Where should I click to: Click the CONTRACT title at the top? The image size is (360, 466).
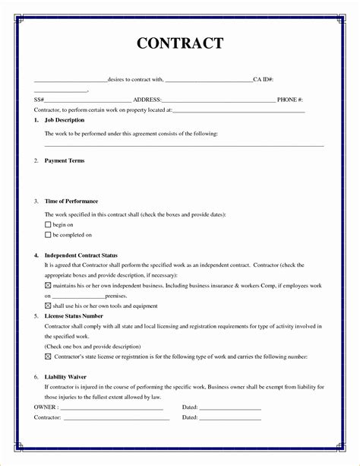coord(180,43)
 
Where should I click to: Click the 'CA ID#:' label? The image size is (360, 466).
coord(264,79)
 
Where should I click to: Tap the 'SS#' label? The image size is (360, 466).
coord(39,100)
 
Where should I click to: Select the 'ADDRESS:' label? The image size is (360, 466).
coord(147,100)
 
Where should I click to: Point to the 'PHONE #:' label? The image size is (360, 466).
coord(290,100)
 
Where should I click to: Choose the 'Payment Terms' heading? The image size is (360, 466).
coord(65,160)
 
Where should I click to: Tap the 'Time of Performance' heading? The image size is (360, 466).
coord(71,201)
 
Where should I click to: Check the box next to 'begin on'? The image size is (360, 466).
coord(48,226)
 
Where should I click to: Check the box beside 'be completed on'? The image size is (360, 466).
coord(48,236)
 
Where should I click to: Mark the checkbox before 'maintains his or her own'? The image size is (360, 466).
coord(48,285)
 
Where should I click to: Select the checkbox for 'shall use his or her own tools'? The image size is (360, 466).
coord(48,306)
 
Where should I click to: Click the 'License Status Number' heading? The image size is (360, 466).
coord(74,315)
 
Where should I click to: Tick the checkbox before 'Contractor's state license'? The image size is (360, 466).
coord(48,356)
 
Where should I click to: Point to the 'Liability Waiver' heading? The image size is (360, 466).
coord(66,376)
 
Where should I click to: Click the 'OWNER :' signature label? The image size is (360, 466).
coord(46,407)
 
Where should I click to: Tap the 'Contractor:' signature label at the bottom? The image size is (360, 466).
coord(48,417)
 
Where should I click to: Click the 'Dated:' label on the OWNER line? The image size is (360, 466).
coord(190,407)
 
